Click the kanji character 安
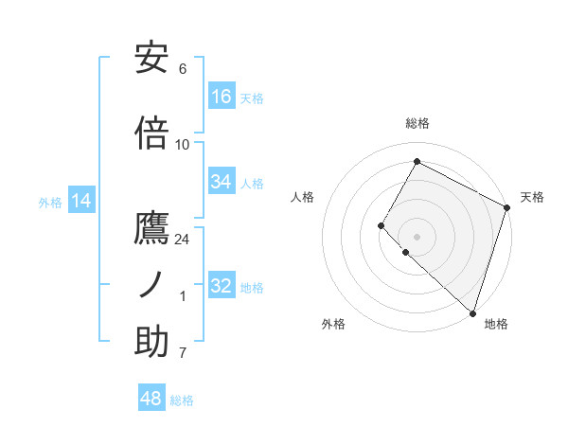151,59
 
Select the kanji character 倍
151,133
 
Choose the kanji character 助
151,342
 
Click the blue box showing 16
222,97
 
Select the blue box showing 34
222,182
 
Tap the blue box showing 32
222,286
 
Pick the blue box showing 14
81,201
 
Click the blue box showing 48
151,399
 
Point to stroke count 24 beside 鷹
183,240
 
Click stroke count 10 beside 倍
183,145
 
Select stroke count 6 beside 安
183,69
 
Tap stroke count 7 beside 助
183,353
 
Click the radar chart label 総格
417,123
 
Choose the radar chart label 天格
532,197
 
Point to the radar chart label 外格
333,325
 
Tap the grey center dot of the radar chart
417,237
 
